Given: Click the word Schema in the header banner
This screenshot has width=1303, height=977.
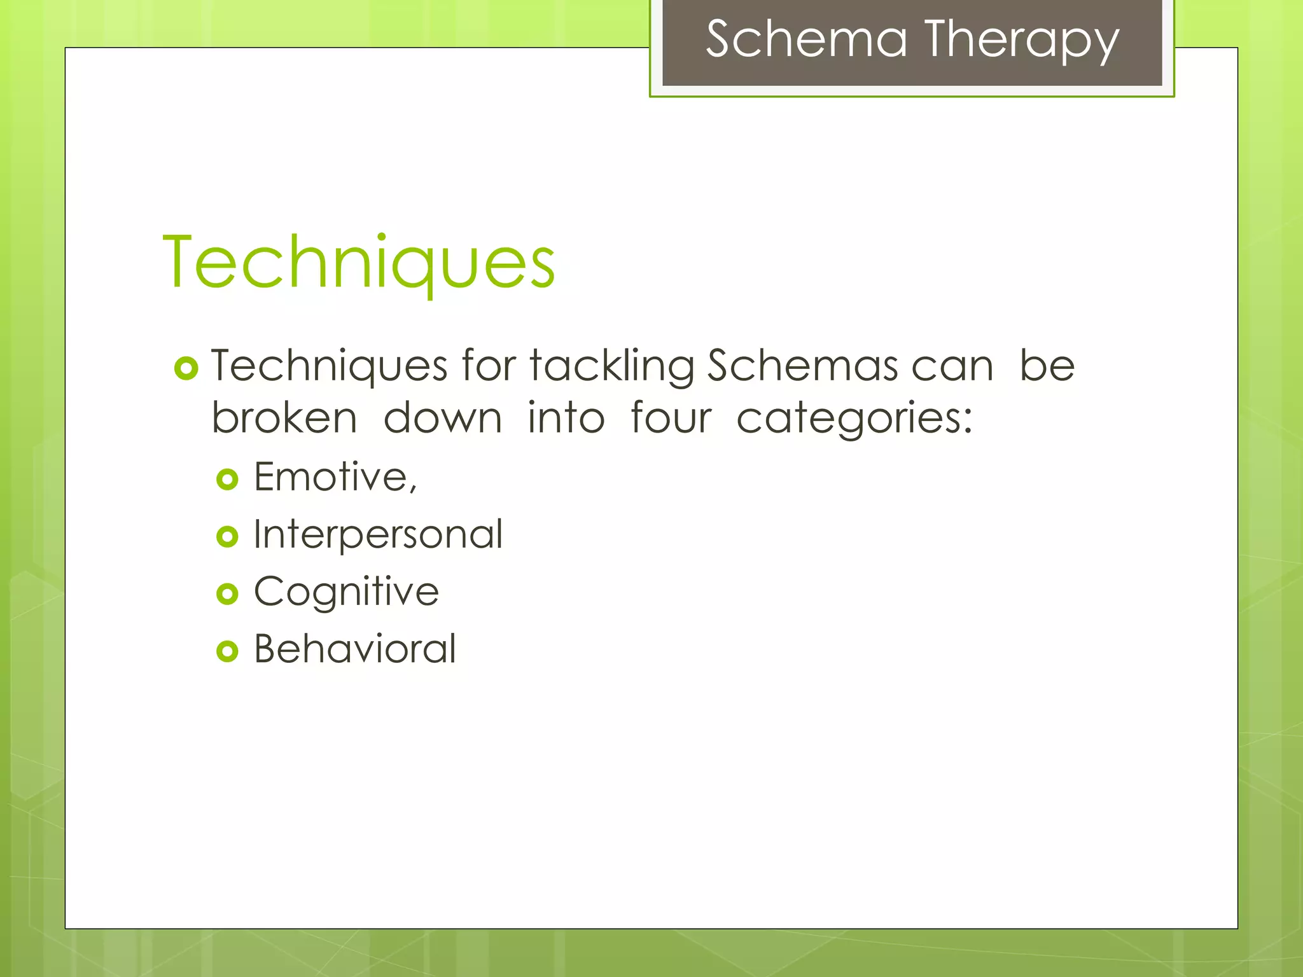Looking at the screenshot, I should click(x=806, y=39).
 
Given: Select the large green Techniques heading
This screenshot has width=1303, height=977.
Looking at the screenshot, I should click(x=359, y=262).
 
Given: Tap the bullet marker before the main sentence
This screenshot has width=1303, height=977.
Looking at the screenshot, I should click(x=186, y=368).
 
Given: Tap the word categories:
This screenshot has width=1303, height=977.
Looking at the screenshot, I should click(x=854, y=420).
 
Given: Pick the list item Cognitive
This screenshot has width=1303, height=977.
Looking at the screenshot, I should click(x=346, y=592).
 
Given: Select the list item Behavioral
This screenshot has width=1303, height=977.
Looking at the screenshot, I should click(x=355, y=649).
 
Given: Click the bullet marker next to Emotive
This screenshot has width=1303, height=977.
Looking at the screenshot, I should click(x=227, y=479).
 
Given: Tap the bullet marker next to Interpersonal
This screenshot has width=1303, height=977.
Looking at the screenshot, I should click(x=227, y=536).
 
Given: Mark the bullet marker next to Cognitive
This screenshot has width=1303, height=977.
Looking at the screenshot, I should click(x=227, y=594).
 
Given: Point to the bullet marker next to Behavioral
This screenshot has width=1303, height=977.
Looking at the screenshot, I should click(x=227, y=651).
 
